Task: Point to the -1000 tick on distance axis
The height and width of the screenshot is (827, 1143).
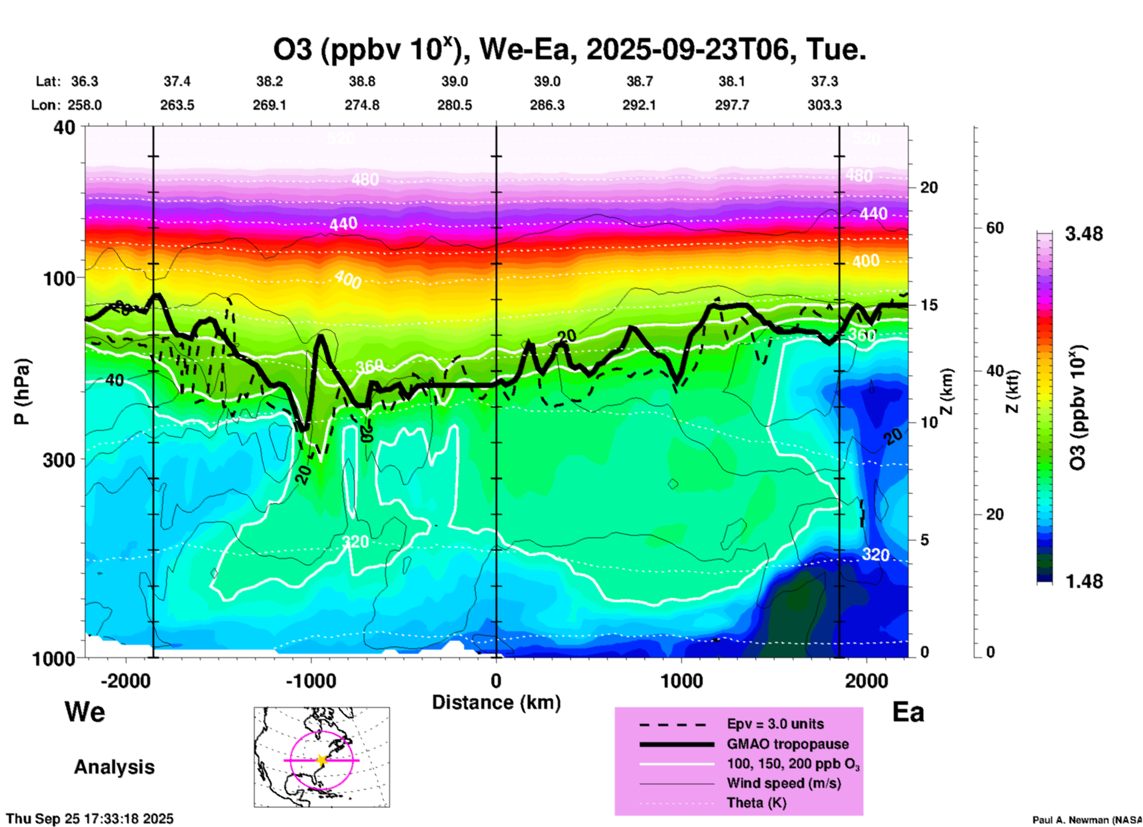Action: point(310,681)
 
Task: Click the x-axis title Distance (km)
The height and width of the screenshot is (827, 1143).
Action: point(496,702)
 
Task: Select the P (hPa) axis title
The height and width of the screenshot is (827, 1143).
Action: point(22,392)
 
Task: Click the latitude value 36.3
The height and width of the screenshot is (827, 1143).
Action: point(84,81)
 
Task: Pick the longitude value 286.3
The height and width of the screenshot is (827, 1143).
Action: point(547,105)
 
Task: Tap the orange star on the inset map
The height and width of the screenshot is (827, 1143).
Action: point(322,760)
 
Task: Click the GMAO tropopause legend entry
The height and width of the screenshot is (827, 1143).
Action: point(788,744)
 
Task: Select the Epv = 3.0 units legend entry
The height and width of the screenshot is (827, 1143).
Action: point(775,724)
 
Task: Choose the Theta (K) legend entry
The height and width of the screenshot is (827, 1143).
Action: point(756,803)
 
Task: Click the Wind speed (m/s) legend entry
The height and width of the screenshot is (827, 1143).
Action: point(783,783)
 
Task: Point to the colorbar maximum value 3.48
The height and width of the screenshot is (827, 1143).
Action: point(1084,234)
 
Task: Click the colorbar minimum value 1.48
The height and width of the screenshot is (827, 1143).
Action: point(1084,581)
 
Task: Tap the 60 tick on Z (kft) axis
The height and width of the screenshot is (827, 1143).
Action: point(995,228)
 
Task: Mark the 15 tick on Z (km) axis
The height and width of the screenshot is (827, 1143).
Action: point(929,305)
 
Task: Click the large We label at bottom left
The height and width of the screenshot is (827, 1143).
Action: point(85,711)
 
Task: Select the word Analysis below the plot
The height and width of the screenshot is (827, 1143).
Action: point(114,767)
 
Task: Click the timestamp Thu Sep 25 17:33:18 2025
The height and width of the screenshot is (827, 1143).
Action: point(90,819)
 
